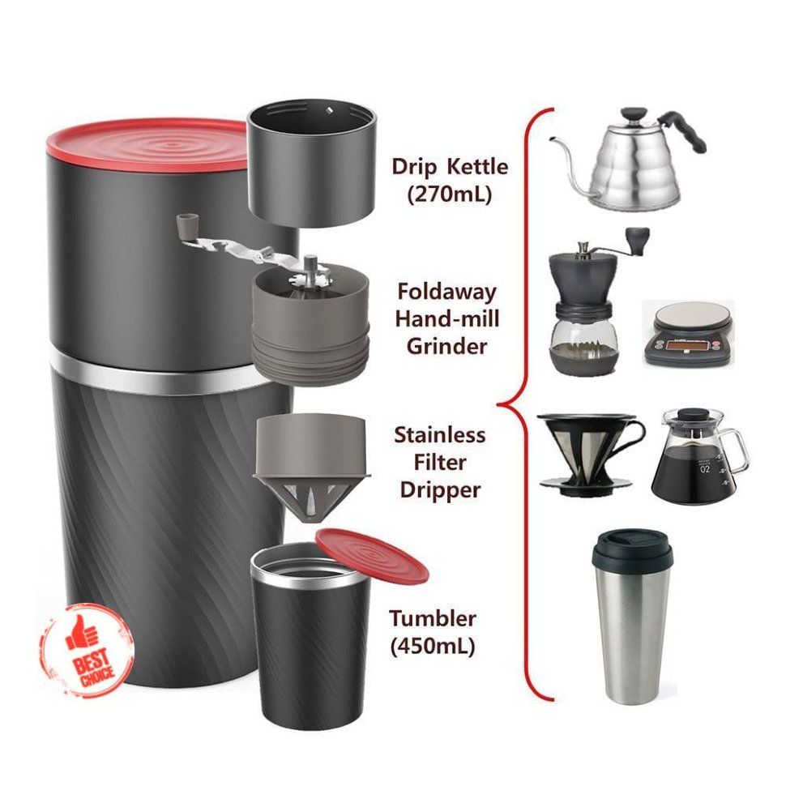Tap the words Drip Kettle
(x=450, y=167)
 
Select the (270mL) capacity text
(x=451, y=194)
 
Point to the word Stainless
(x=440, y=435)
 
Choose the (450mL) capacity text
(x=433, y=647)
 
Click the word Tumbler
(x=433, y=619)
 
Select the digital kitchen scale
(x=687, y=332)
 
